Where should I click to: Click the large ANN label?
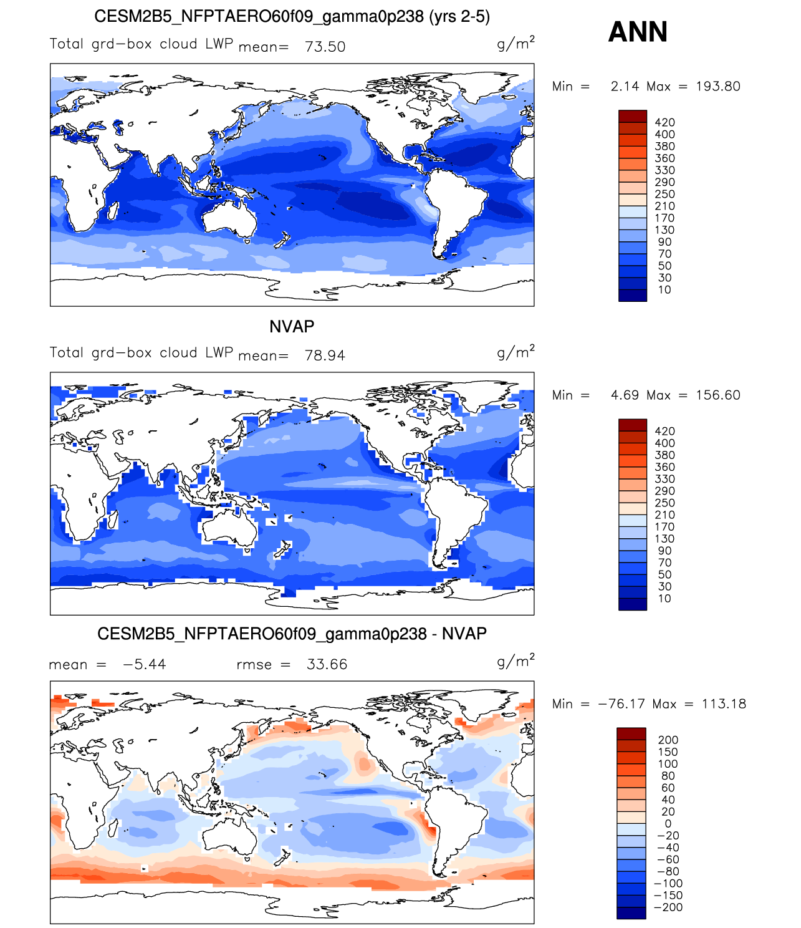[637, 32]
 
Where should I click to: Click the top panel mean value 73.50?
[325, 47]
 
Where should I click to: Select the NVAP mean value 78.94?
[325, 355]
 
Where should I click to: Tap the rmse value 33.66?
[327, 664]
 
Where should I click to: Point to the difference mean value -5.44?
[145, 664]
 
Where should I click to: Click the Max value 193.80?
[717, 86]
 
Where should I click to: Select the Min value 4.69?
[625, 395]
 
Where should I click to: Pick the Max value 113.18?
[724, 704]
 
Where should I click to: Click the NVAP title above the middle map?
[292, 326]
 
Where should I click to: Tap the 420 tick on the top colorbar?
[664, 122]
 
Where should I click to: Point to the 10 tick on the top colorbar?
[664, 289]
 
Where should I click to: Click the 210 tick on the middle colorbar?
[664, 515]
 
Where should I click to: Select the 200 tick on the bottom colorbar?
[668, 740]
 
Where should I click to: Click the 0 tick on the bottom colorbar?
[668, 823]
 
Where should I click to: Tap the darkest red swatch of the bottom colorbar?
[631, 733]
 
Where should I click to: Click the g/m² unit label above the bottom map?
[516, 661]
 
